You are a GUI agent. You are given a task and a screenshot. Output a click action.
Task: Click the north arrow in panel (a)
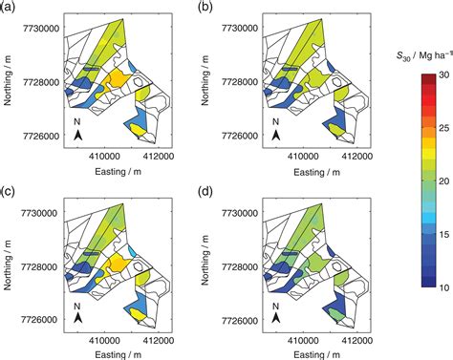click(79, 137)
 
